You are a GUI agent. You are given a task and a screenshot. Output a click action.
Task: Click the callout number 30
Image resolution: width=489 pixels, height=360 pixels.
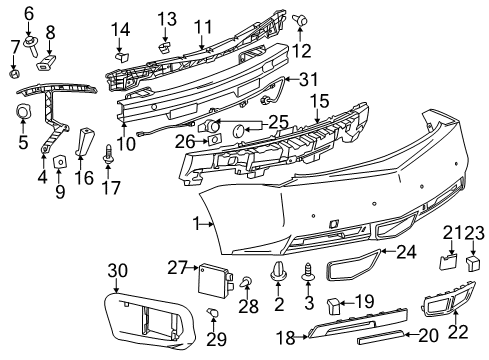118,269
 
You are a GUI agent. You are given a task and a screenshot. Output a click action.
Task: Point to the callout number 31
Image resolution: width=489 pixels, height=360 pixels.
309,80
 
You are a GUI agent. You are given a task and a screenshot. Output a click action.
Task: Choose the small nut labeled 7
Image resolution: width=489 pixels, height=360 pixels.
13,73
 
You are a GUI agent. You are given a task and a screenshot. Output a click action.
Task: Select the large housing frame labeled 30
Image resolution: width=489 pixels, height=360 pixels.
147,320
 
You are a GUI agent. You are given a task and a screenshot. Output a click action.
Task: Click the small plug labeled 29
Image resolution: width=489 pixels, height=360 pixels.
212,319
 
